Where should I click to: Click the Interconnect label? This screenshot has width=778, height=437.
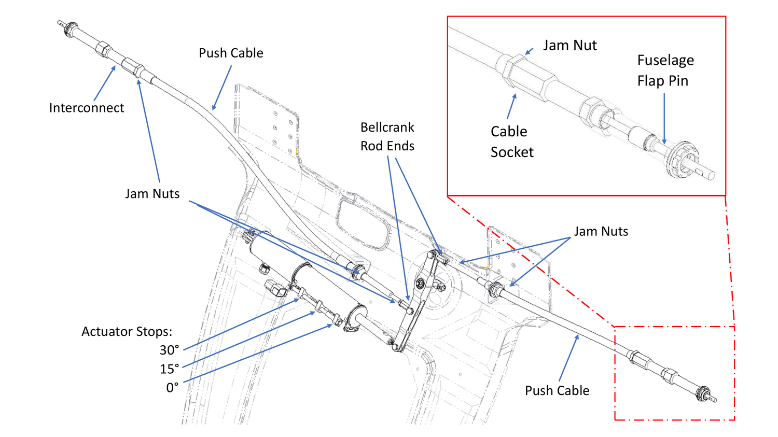pos(87,108)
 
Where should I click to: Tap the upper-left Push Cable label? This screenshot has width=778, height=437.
pos(231,53)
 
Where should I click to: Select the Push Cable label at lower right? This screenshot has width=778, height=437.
pos(557,390)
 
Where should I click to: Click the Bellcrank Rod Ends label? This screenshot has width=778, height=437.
pos(387,136)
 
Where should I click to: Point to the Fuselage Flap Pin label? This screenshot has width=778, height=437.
pos(665,71)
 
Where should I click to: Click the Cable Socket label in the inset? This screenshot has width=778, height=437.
pos(511,142)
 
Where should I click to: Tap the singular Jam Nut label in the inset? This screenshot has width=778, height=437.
pos(569,46)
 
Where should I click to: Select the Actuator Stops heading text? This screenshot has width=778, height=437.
pos(127,332)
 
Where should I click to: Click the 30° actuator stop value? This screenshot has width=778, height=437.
pos(169,350)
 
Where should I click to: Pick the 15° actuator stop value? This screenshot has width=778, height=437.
pos(169,369)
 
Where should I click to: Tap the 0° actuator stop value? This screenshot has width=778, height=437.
pos(172,388)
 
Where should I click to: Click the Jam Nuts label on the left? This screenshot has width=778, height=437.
pos(152,194)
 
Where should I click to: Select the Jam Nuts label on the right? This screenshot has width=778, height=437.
pos(601,231)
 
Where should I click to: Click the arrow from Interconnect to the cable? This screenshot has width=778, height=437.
pos(105,83)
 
